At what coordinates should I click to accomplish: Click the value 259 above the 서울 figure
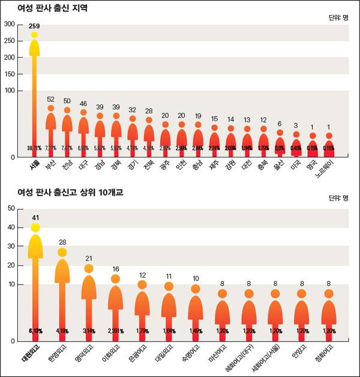click(x=34, y=26)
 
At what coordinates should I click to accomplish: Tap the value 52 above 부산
click(x=50, y=99)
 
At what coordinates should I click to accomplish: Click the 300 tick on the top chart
click(x=9, y=24)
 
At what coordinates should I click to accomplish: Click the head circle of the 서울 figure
click(x=34, y=35)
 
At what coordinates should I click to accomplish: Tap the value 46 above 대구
click(x=83, y=104)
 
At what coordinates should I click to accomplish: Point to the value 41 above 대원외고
click(x=35, y=217)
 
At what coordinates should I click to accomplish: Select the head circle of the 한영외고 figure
click(x=62, y=252)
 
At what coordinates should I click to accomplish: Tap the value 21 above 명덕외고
click(x=88, y=258)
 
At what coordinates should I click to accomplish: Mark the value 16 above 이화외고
click(x=115, y=269)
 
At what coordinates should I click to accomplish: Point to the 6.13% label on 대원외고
click(x=35, y=331)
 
